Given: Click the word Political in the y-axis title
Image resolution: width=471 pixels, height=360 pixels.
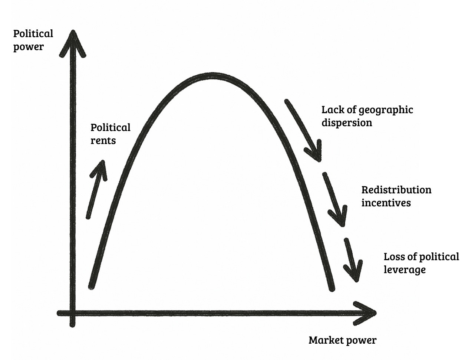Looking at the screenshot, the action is pos(33,34).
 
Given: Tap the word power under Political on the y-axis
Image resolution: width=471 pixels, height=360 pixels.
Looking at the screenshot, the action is pos(28,47).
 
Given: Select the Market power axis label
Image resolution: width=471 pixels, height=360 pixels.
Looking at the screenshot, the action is pos(342,340).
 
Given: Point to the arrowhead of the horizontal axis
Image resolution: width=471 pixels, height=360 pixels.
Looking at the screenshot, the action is pos(367,313).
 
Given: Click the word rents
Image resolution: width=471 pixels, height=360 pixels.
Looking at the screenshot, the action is pos(103,141).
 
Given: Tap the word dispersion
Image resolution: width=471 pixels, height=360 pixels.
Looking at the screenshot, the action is pos(346,123).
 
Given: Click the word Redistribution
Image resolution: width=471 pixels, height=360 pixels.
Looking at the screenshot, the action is pos(396,190).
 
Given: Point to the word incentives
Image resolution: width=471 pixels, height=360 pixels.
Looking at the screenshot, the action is pos(386,203).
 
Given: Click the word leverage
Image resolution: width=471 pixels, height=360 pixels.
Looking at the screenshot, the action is pos(404,270).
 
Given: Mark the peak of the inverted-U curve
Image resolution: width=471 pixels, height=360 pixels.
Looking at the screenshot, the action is pos(213,76).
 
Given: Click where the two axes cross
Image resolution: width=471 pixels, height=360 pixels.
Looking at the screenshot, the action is pos(73,313).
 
